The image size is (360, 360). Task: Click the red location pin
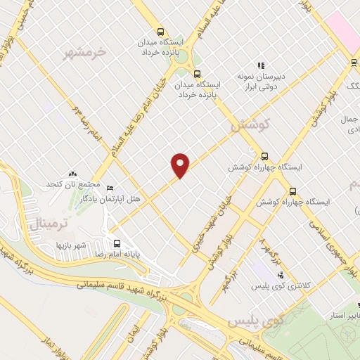[181, 165]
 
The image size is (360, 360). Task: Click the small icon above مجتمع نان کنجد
[72, 173]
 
